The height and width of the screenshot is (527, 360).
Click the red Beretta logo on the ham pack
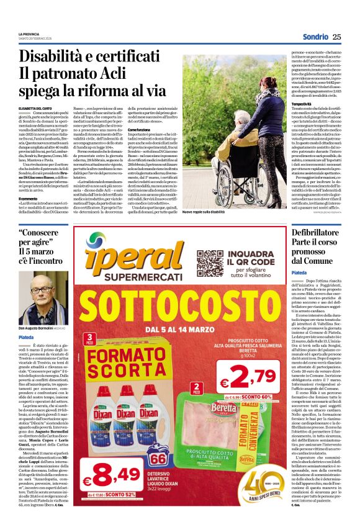(x=220, y=408)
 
